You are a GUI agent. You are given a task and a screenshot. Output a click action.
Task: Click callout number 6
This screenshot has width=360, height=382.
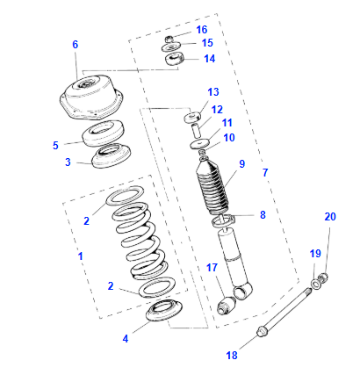[x=75, y=45]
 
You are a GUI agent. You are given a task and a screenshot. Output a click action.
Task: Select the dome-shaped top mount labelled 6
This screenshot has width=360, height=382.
[x=88, y=97]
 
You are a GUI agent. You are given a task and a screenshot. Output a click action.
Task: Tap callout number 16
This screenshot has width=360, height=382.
[x=201, y=29]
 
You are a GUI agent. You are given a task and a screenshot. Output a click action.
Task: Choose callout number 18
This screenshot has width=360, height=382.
[x=231, y=356]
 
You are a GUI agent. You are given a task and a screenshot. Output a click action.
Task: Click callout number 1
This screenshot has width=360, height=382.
[x=80, y=256]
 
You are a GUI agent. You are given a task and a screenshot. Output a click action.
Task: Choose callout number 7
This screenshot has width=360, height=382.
[x=264, y=172]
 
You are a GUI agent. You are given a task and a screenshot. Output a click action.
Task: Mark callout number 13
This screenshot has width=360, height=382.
[x=213, y=92]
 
